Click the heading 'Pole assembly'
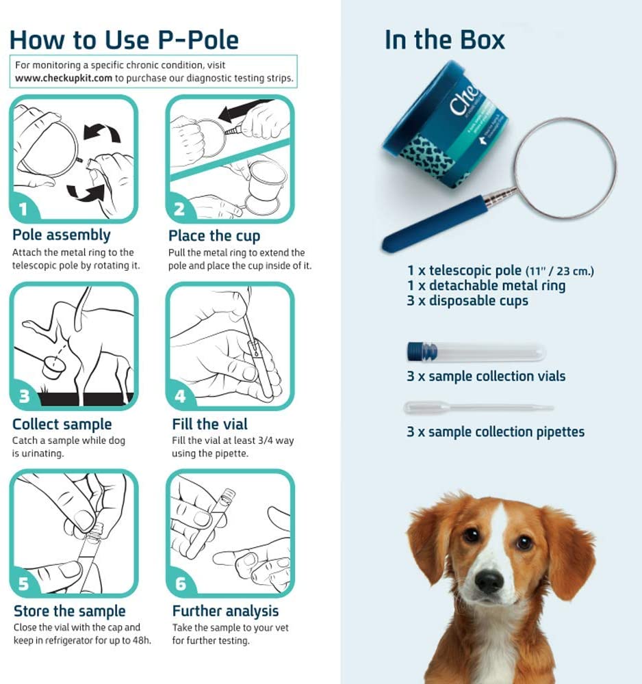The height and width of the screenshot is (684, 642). coord(62,235)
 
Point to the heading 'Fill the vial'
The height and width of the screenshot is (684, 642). coord(210,424)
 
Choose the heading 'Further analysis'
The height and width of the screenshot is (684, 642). coord(225,611)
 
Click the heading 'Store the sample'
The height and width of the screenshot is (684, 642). coord(70,611)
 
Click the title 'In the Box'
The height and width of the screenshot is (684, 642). coord(444,40)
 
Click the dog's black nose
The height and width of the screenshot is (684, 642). coord(489,581)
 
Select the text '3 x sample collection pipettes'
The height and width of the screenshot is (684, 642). coord(495,432)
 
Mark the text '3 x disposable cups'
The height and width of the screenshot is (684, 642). coord(467,300)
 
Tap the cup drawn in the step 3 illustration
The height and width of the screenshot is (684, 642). coord(53,368)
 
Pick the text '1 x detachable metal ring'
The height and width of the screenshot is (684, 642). coord(486,285)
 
